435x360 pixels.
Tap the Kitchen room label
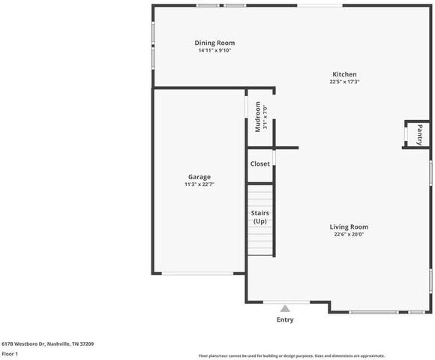(344, 74)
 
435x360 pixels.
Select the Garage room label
(199, 177)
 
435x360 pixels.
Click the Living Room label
(349, 226)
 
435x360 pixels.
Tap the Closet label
(259, 163)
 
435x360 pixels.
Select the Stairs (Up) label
(259, 217)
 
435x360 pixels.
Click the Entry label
(285, 319)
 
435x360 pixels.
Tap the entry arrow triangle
(285, 307)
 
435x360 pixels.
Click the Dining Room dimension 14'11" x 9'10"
(214, 51)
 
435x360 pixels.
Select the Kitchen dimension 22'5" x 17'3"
(344, 82)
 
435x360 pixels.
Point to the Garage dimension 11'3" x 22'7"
(199, 184)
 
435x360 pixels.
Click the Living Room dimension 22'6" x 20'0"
(349, 234)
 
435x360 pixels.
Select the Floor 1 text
(10, 353)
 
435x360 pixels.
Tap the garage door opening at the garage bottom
(199, 274)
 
